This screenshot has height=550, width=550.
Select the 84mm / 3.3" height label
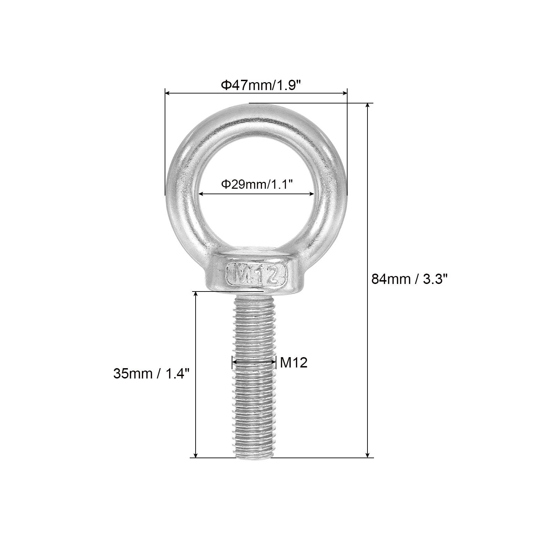click(409, 279)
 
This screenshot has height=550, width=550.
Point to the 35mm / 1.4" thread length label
click(151, 373)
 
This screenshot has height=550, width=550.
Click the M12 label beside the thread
click(294, 362)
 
